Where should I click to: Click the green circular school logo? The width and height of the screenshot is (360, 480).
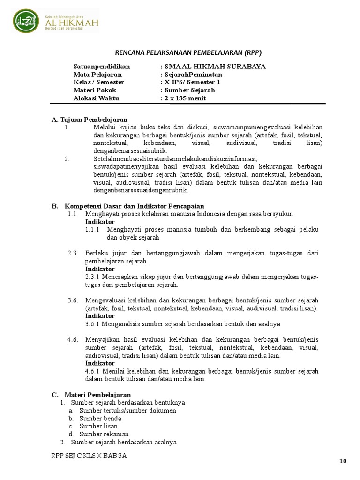click(x=26, y=20)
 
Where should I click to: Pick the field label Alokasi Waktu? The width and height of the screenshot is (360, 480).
click(x=96, y=98)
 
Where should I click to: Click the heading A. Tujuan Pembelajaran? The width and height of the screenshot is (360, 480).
click(x=89, y=120)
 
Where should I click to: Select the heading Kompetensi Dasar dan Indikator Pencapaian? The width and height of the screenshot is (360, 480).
click(x=134, y=206)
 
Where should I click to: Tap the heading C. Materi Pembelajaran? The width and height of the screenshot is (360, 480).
click(x=91, y=395)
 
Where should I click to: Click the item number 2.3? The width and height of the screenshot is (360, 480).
click(x=72, y=253)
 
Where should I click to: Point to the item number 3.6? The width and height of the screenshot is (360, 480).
click(x=72, y=300)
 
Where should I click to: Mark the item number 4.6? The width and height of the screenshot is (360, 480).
click(x=72, y=340)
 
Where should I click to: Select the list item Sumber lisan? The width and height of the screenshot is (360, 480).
click(x=98, y=426)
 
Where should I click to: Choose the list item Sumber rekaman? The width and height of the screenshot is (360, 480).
click(x=104, y=434)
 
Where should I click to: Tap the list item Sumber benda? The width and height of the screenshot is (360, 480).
click(x=100, y=418)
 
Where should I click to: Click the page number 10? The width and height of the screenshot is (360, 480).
click(x=343, y=461)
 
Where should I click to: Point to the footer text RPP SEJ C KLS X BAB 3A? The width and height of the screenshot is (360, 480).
click(x=89, y=456)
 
